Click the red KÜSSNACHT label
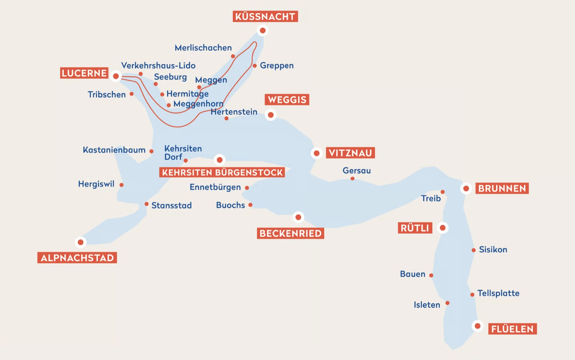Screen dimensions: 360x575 click(265, 16)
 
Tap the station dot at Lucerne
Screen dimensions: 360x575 click(116, 76)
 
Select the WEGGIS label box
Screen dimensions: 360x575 click(287, 100)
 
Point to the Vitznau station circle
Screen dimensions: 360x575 click(317, 153)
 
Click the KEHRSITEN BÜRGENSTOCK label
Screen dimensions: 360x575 click(222, 172)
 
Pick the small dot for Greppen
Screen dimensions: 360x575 click(255, 66)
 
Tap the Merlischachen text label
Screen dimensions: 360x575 click(203, 48)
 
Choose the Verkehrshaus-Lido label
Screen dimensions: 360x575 click(158, 65)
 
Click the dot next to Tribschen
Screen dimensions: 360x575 click(132, 94)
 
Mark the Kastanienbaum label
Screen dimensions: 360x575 click(114, 150)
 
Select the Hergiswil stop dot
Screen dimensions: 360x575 click(122, 185)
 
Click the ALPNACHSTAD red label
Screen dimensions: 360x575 click(77, 258)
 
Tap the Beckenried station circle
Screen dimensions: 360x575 click(298, 217)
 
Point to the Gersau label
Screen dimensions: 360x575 click(357, 171)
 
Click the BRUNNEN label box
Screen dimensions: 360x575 click(502, 188)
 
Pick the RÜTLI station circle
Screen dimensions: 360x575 click(443, 228)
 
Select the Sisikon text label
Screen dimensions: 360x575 click(493, 249)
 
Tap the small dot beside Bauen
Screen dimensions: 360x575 click(431, 275)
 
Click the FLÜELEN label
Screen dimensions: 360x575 click(512, 329)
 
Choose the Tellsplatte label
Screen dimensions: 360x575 click(498, 293)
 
